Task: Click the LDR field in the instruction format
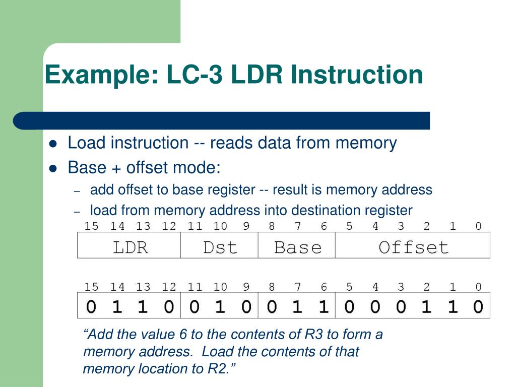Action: pos(129,246)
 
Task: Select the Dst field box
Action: pos(219,246)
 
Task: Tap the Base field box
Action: pos(297,246)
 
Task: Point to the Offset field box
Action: pos(413,246)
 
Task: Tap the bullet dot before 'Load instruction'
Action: pos(53,144)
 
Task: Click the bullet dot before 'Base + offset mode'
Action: pos(53,168)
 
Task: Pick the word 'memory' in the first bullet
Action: pos(366,143)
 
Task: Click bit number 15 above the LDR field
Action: pos(91,226)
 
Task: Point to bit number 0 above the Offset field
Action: pos(478,226)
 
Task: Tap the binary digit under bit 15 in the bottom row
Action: pos(91,306)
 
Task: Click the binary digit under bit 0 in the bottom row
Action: pos(478,306)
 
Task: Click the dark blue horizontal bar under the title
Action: pos(222,121)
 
